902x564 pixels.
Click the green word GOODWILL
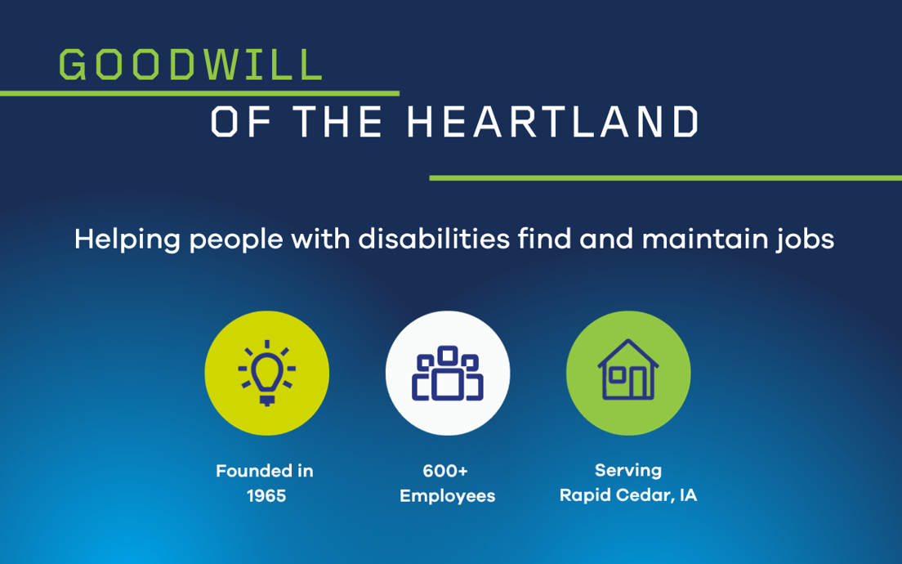coord(190,64)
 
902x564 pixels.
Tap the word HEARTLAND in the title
coord(553,122)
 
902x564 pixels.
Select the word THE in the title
coord(337,122)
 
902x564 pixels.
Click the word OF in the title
coord(240,122)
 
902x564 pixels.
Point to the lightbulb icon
coord(267,373)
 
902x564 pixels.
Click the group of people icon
coord(448,373)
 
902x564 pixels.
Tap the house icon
coord(628,369)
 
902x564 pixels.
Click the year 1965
coord(266,495)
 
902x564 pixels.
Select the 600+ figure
coord(445,471)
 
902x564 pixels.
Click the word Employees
coord(448,496)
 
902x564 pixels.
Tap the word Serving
coord(628,471)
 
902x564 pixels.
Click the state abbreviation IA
coord(688,495)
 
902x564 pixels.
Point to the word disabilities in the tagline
coord(435,239)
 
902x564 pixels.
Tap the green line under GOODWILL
coord(199,93)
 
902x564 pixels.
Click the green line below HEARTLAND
coord(666,178)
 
